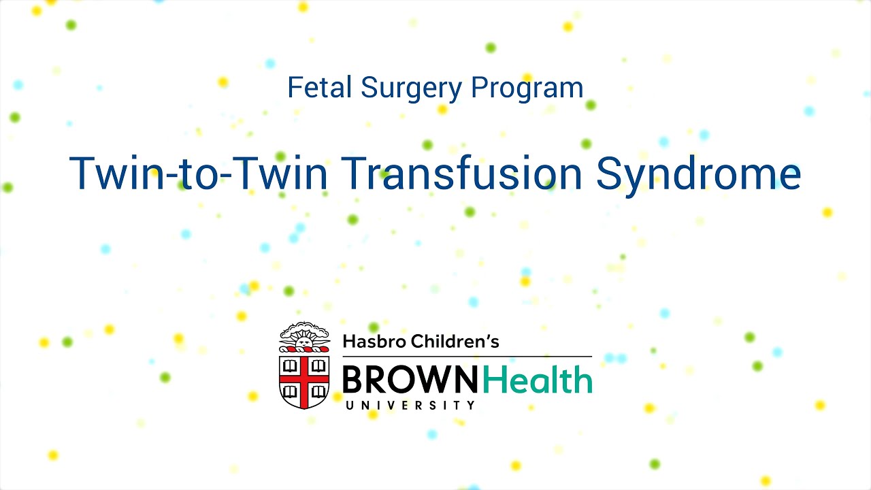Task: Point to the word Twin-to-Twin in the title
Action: pyautogui.click(x=201, y=173)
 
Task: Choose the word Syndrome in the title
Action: pyautogui.click(x=698, y=174)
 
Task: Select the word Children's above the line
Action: pyautogui.click(x=455, y=341)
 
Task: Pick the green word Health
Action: pyautogui.click(x=538, y=380)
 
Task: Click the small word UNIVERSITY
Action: pyautogui.click(x=411, y=405)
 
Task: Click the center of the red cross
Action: pyautogui.click(x=304, y=379)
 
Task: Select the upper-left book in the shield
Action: pyautogui.click(x=290, y=365)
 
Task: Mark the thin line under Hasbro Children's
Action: pyautogui.click(x=467, y=356)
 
